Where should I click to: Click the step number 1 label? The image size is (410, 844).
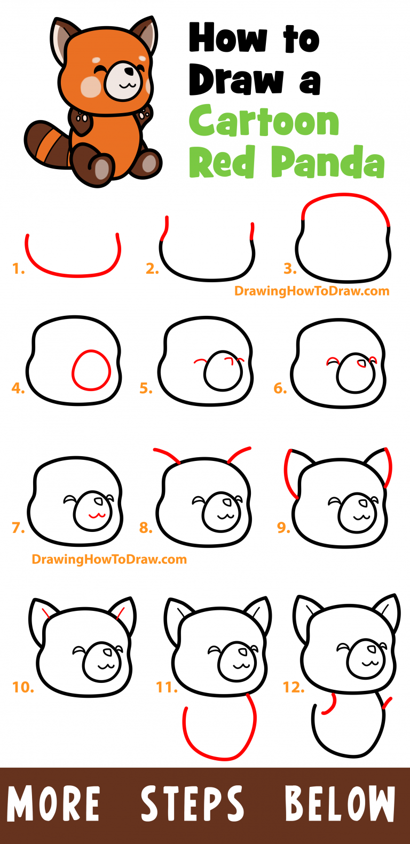coord(19,269)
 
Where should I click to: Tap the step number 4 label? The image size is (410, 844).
coord(18,388)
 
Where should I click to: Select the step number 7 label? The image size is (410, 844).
coord(18,528)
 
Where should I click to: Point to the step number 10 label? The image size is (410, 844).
coord(23,687)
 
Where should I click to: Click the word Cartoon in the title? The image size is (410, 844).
coord(264,122)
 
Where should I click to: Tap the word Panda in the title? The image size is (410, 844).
coord(328,162)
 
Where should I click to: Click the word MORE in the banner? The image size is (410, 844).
coord(53,803)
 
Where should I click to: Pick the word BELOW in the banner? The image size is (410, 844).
coord(340,803)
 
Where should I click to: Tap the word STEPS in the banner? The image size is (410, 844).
coord(192,803)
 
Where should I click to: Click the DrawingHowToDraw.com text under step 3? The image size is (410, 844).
coord(312,291)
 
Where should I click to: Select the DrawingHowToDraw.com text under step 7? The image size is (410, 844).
coord(109,560)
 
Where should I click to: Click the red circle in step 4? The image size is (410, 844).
coord(91,370)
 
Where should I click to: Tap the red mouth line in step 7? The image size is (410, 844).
coord(95,515)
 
